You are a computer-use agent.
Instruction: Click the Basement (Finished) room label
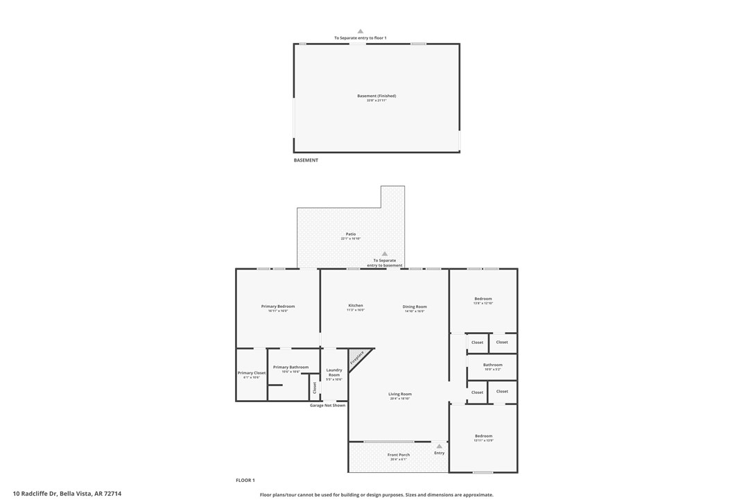point(376,96)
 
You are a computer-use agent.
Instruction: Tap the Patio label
point(351,234)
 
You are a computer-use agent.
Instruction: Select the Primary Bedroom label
point(278,306)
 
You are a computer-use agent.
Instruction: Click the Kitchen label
point(356,306)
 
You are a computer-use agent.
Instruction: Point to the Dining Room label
point(415,306)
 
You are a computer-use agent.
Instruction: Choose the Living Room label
point(400,394)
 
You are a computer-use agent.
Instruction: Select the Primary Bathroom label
point(291,367)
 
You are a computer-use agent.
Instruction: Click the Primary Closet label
point(252,373)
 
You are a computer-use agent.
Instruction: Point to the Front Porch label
point(399,455)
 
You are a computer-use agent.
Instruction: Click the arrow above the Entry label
point(439,446)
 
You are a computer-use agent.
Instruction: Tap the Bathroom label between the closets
point(493,365)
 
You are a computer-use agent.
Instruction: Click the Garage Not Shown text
point(327,406)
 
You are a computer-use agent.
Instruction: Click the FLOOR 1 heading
point(245,480)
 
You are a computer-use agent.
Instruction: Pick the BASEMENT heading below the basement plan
point(306,160)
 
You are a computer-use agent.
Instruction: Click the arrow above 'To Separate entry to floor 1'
point(360,31)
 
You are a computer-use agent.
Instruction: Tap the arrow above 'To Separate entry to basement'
point(385,254)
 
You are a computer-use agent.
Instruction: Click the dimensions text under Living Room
point(400,399)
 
